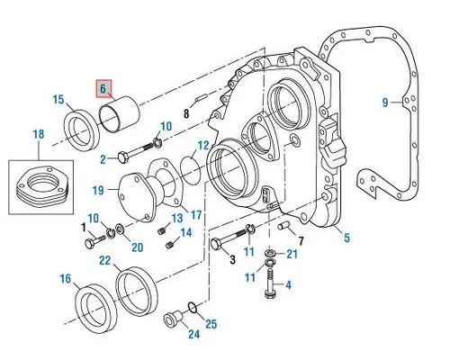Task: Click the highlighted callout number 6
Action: click(104, 89)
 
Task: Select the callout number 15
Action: click(58, 99)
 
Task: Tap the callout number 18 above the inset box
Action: click(37, 134)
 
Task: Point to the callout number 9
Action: click(384, 103)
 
